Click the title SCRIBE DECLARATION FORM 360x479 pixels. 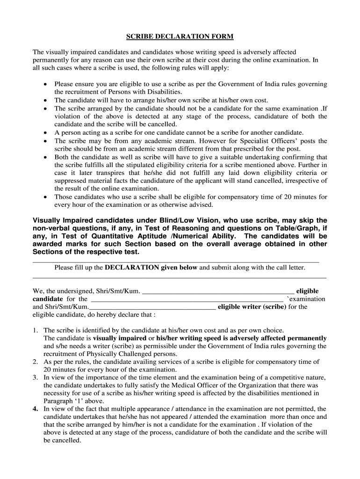(x=180, y=36)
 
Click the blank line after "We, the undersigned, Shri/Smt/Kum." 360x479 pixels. (x=218, y=292)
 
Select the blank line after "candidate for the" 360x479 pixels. (x=187, y=300)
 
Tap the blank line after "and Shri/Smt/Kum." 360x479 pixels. (x=152, y=308)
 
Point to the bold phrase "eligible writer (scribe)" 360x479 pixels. (x=252, y=307)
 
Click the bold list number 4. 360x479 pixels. (x=35, y=409)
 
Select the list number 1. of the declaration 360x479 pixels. (x=36, y=330)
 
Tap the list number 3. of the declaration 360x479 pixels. (x=36, y=377)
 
